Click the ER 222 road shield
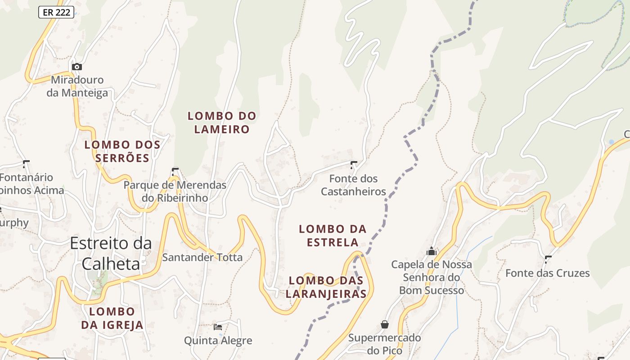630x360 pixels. click(56, 12)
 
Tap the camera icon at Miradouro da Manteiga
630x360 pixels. click(77, 67)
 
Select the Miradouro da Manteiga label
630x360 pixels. click(77, 86)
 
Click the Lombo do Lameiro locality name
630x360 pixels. click(222, 122)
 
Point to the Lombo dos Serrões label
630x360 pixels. click(122, 151)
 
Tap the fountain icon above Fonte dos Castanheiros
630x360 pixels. click(354, 165)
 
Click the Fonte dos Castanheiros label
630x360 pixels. click(353, 185)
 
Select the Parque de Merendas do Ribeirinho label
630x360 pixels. click(175, 191)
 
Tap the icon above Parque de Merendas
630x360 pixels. click(175, 171)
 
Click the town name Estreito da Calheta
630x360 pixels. click(111, 253)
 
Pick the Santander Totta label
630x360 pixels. click(202, 257)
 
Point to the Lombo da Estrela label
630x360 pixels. click(333, 236)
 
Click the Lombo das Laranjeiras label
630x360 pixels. click(326, 287)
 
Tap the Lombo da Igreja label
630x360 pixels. click(112, 318)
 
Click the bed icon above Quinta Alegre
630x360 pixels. click(218, 327)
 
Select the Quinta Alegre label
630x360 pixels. click(218, 341)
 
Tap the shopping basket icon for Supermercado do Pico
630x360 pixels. click(385, 324)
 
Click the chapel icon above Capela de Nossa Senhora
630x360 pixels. click(432, 251)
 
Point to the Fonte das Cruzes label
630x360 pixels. click(547, 273)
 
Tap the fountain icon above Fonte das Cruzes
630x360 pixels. click(548, 259)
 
